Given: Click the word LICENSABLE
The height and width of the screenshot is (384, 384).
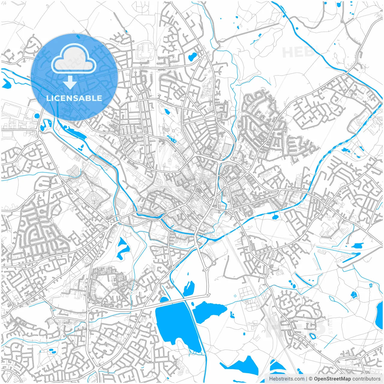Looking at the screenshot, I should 74,98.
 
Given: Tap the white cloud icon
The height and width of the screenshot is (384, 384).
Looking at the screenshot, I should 74,58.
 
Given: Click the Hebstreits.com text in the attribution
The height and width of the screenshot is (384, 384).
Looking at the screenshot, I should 286,379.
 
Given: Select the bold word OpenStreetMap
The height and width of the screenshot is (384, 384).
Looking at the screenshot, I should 332,379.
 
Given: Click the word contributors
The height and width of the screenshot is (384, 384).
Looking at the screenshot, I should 366,379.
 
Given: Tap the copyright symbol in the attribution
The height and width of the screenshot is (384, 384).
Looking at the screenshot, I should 311,379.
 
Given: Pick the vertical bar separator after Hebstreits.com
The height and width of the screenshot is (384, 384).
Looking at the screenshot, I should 307,379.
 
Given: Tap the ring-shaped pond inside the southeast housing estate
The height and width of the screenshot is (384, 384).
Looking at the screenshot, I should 313,336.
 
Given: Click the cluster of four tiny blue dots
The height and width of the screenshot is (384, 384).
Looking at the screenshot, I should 235,296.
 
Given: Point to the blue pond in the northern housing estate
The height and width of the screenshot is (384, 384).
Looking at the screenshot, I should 191,56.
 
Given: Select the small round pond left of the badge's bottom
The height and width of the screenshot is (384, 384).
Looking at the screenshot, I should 37,116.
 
